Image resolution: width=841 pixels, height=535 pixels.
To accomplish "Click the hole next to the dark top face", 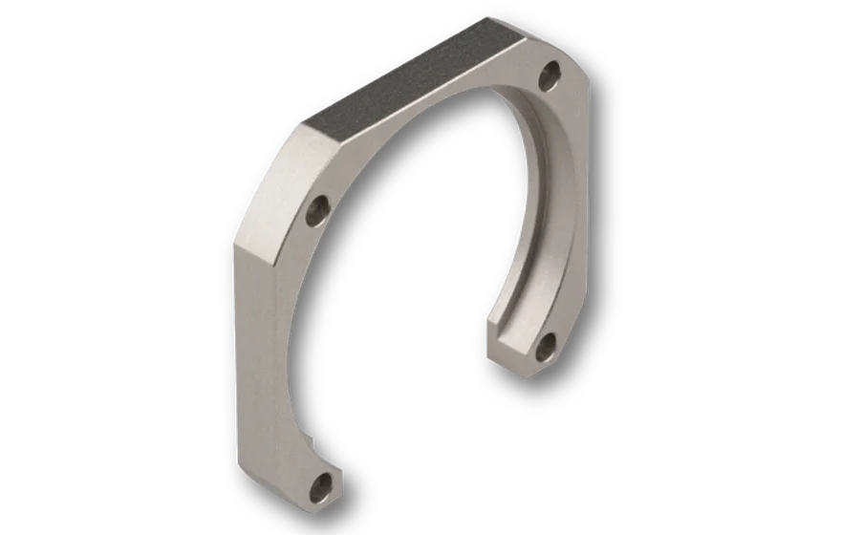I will coord(550,73).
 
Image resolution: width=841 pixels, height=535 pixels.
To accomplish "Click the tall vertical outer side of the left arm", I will coord(250,363).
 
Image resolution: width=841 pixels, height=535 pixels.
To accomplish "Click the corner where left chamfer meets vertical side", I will coord(234,246).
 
